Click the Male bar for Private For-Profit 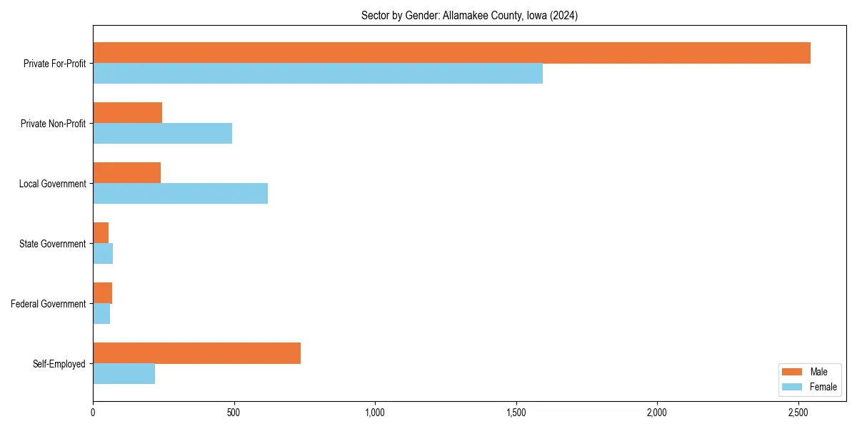tap(451, 53)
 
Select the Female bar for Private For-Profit tap(318, 74)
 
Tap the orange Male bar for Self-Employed tap(196, 353)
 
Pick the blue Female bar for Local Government tap(180, 194)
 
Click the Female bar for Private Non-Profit tap(162, 134)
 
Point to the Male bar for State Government tap(101, 233)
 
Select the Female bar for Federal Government tap(101, 314)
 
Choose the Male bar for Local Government tap(126, 173)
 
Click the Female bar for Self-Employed tap(124, 374)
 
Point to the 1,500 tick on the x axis tap(516, 413)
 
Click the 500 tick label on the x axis tap(234, 413)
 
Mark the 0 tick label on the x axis tap(93, 413)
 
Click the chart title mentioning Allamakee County tap(469, 16)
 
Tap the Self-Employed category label tap(59, 364)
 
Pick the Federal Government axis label tap(49, 304)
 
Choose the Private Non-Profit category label tap(53, 124)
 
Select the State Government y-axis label tap(53, 244)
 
